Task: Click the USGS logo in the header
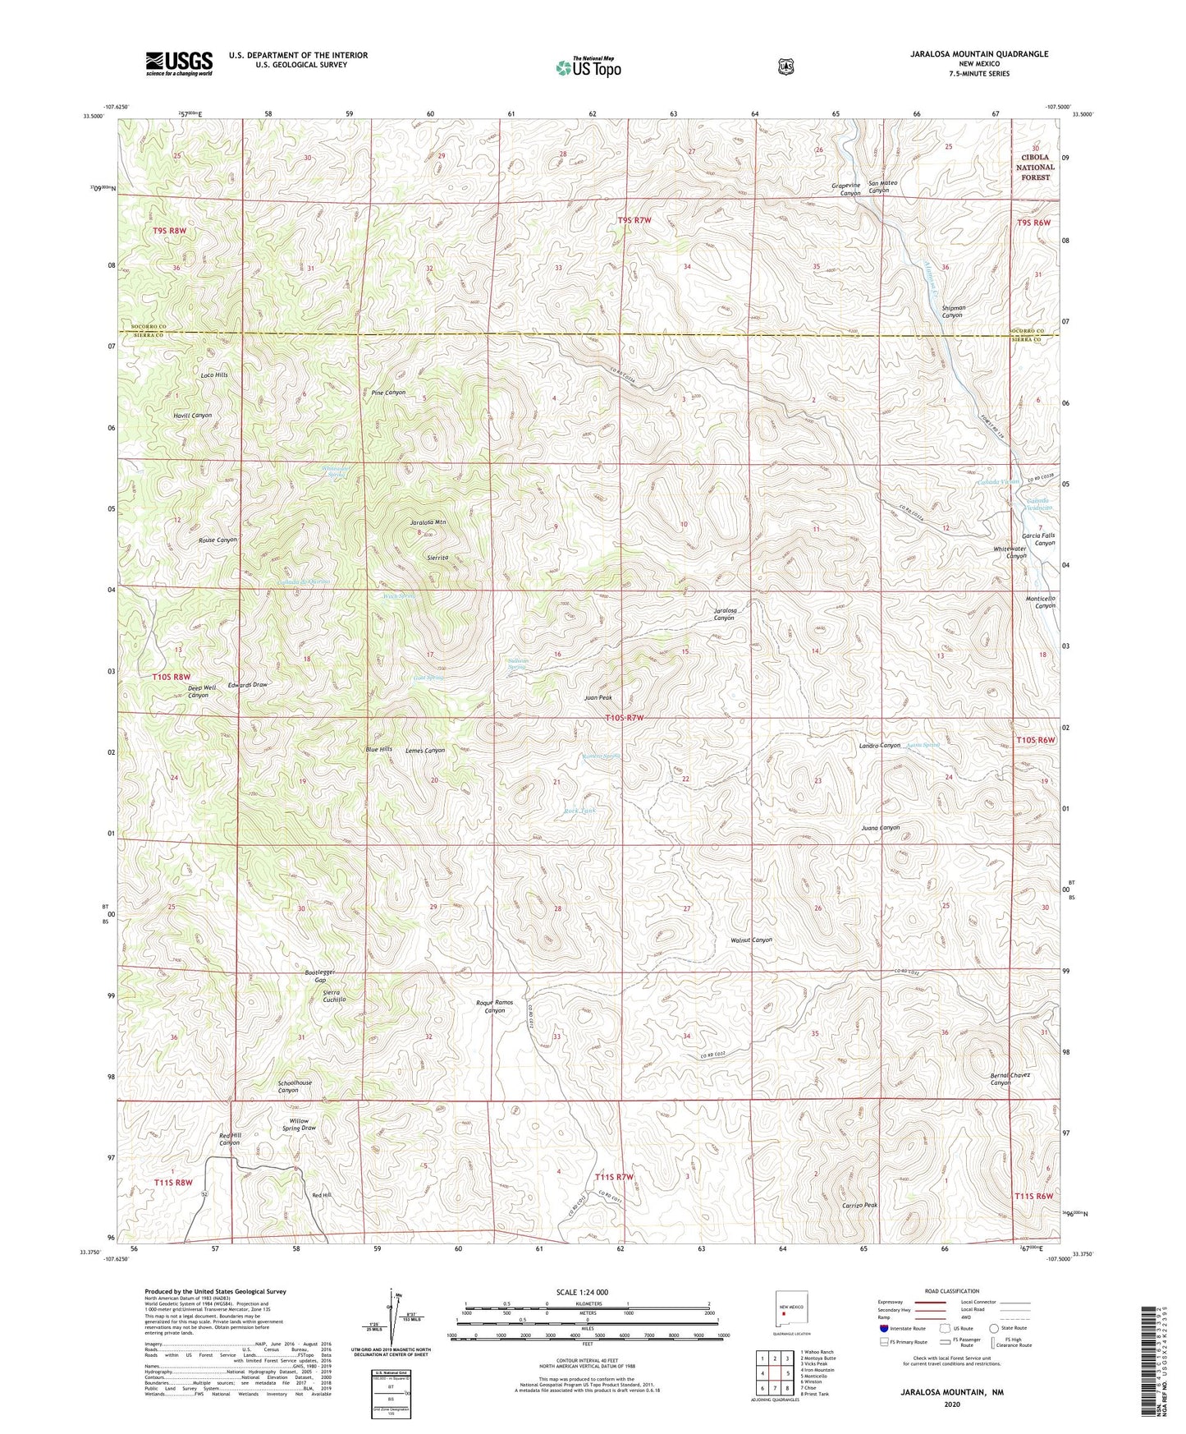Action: pyautogui.click(x=179, y=63)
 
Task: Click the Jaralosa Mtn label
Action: pyautogui.click(x=428, y=522)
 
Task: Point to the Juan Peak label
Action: pyautogui.click(x=598, y=697)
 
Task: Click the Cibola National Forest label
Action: pyautogui.click(x=1035, y=167)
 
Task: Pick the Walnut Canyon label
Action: pyautogui.click(x=751, y=940)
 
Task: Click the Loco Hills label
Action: pyautogui.click(x=214, y=375)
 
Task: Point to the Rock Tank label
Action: pyautogui.click(x=579, y=811)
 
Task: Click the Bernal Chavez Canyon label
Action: pyautogui.click(x=1010, y=1078)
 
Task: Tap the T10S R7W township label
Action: pyautogui.click(x=630, y=719)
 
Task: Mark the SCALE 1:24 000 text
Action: pyautogui.click(x=581, y=1292)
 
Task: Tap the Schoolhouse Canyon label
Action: pyautogui.click(x=295, y=1087)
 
